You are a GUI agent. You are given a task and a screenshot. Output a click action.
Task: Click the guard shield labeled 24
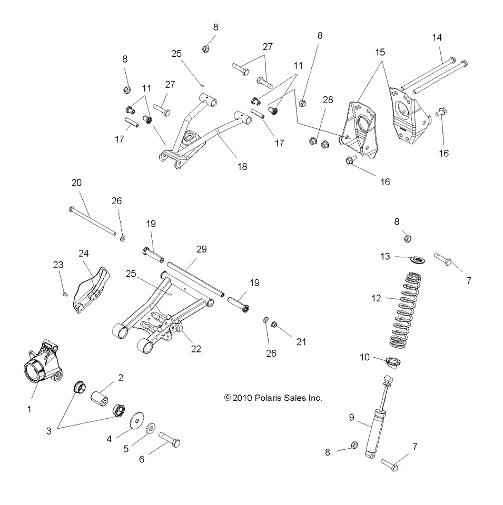[93, 290]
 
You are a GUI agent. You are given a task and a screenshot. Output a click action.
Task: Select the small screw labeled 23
[64, 294]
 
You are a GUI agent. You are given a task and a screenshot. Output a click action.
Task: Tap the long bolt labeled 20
[92, 221]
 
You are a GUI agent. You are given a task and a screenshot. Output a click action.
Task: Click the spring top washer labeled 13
[418, 259]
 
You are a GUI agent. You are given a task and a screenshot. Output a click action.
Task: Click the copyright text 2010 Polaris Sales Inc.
[273, 398]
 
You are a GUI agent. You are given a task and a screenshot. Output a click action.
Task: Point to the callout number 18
[242, 166]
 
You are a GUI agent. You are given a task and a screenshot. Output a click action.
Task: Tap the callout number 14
[437, 37]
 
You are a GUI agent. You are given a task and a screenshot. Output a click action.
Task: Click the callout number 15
[380, 52]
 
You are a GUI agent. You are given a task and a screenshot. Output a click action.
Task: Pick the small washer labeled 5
[150, 428]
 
